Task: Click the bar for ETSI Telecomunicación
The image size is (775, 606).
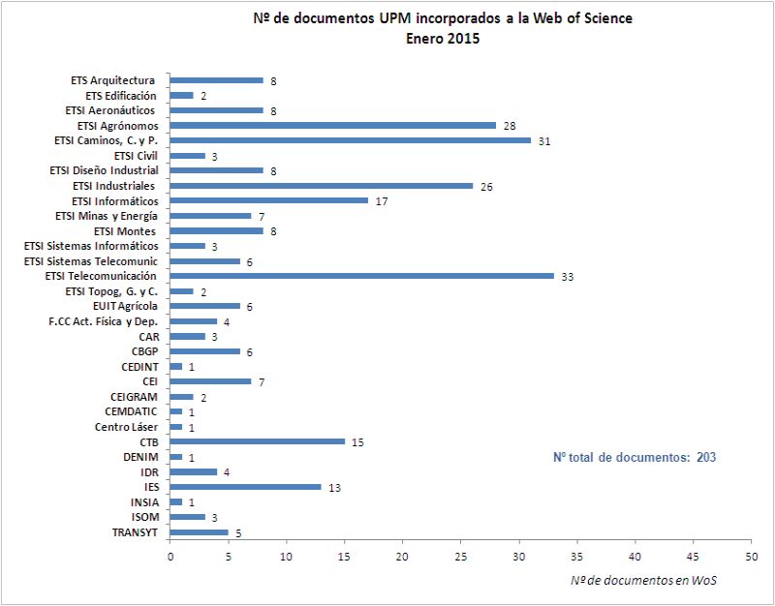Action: pos(361,276)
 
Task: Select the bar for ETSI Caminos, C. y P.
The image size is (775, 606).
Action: pos(350,140)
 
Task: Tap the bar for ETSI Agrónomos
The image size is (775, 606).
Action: pos(332,125)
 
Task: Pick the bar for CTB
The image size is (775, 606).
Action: pos(257,441)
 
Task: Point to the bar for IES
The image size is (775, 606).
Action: pos(245,487)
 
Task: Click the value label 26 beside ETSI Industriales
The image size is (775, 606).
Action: pos(486,186)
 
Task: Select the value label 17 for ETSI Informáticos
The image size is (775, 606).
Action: pos(382,200)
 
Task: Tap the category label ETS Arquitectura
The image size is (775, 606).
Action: pos(113,80)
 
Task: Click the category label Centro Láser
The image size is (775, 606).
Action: pos(126,427)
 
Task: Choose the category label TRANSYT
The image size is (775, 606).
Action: pos(135,532)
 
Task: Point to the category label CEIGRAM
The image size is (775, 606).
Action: pos(134,397)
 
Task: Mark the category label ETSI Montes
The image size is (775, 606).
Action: pos(126,231)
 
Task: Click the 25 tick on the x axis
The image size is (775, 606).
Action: pos(461,557)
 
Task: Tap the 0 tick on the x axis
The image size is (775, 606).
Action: pos(170,557)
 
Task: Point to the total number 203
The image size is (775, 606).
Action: pos(705,457)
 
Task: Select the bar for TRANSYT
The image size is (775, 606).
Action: pos(199,532)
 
